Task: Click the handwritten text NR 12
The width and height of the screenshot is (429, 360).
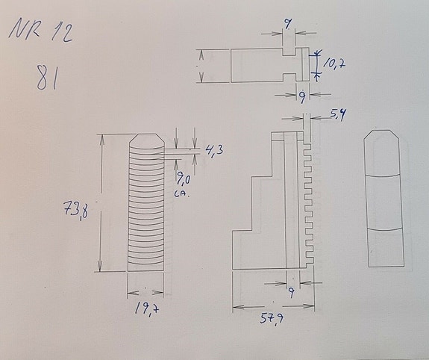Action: tap(41, 31)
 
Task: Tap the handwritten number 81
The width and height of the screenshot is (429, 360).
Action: tap(48, 78)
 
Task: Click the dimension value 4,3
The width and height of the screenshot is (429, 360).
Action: tap(214, 151)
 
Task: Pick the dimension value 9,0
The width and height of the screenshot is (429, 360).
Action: tap(184, 179)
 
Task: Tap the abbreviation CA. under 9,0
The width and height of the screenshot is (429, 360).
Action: tap(181, 193)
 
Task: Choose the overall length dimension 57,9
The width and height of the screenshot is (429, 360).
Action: tap(272, 320)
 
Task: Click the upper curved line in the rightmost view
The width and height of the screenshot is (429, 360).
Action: tap(386, 173)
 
